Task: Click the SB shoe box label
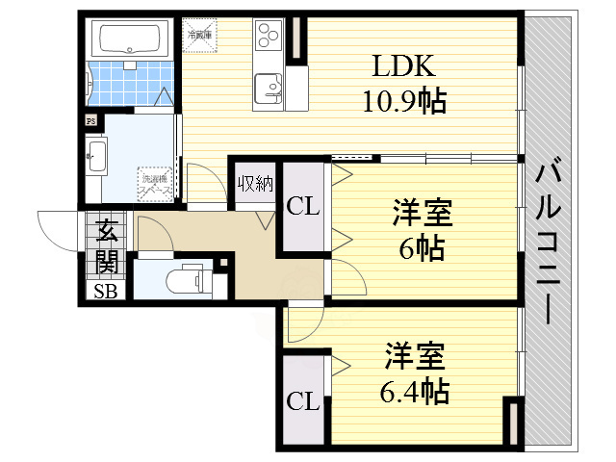click(x=105, y=292)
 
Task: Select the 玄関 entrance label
click(x=106, y=247)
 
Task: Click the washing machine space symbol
click(x=155, y=183)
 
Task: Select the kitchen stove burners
click(x=264, y=38)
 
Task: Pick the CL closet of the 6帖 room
click(x=303, y=205)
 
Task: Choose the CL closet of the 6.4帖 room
click(x=303, y=399)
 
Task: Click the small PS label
click(x=91, y=121)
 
